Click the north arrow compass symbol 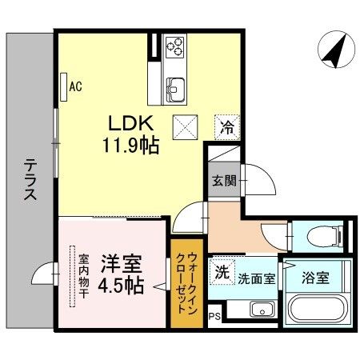point(336,50)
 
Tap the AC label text point(75,86)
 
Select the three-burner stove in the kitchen point(174,46)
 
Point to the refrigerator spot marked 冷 point(227,127)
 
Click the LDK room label point(130,123)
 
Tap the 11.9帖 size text point(131,146)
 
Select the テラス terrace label point(30,179)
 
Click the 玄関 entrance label point(224,181)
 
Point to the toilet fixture point(326,236)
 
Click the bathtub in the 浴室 point(317,309)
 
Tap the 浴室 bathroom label point(316,278)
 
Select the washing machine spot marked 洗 point(222,272)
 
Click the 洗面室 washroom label point(257,279)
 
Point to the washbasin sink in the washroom point(262,310)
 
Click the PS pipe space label point(214,317)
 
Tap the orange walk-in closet point(187,283)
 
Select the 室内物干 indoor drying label point(83,276)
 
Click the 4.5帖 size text point(122,286)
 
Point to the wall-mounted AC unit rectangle point(63,87)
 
